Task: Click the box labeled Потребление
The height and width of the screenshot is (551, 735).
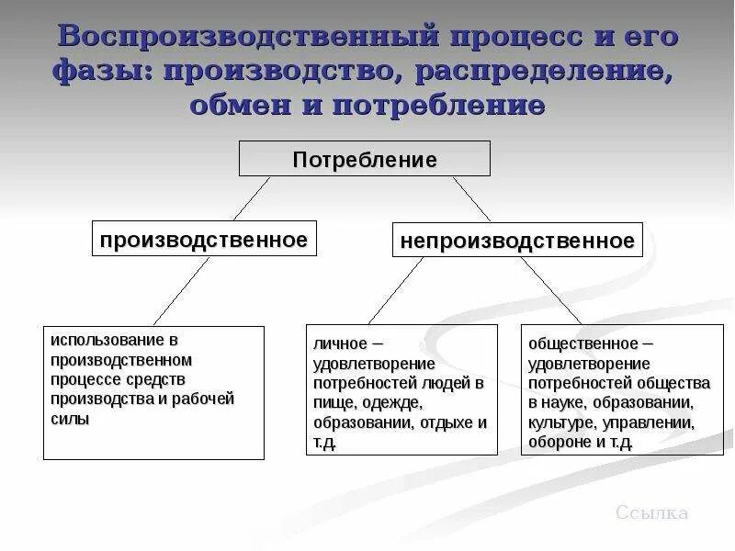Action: coord(365,159)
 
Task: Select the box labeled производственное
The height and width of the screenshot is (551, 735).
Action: coord(204,240)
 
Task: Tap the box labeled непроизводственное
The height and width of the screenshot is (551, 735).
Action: coord(517,241)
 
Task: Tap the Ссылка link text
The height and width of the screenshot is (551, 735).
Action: coord(651,513)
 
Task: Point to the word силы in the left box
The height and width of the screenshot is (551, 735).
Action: coord(71,419)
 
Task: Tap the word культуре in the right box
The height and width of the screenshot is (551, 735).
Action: coord(560,422)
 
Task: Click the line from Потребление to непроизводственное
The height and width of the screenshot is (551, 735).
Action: coord(472,198)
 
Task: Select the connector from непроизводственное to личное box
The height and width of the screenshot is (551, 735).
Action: coord(396,290)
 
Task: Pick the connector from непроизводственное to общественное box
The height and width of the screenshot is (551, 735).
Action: coord(551,290)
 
